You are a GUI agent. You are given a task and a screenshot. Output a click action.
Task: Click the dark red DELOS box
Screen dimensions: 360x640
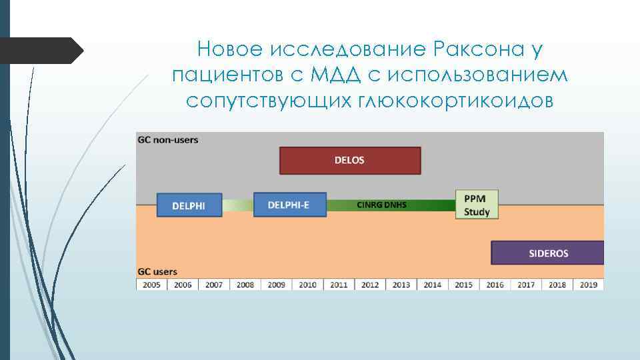point(349,161)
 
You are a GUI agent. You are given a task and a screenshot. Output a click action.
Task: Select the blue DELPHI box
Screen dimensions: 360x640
point(189,205)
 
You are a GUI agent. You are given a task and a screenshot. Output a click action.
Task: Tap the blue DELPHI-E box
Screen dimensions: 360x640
point(289,205)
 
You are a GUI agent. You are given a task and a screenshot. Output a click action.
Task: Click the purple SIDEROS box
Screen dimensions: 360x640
point(547,253)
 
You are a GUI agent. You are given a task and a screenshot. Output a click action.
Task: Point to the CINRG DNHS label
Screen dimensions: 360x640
point(381,205)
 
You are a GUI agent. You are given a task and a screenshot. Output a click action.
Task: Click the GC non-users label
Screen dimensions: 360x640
point(168,140)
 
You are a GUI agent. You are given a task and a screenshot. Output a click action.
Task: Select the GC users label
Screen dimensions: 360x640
point(157,272)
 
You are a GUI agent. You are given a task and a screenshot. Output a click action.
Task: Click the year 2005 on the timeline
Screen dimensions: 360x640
point(151,285)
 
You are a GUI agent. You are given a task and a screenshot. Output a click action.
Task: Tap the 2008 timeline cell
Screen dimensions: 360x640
point(245,285)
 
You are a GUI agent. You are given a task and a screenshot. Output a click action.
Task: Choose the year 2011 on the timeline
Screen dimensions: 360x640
point(339,285)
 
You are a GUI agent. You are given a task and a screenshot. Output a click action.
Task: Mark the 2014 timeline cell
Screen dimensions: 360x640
point(432,285)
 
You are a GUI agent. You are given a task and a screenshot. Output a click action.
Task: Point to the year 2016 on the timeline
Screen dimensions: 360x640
point(495,285)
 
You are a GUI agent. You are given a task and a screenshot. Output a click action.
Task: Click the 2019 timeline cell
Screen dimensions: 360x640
point(588,285)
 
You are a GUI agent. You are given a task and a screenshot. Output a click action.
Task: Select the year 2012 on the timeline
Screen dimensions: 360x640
point(370,285)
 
